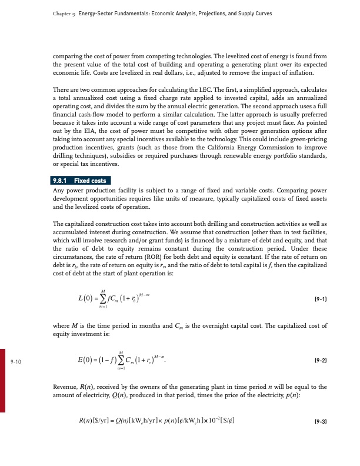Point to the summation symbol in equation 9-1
[88, 299]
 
